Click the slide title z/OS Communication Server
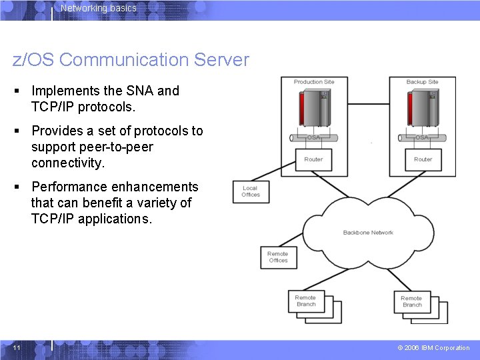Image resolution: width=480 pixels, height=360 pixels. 131,60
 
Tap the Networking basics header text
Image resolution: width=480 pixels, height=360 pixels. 98,9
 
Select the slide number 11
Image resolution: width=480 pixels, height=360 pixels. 17,348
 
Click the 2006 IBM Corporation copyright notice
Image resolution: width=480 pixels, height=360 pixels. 433,348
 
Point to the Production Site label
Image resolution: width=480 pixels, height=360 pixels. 314,82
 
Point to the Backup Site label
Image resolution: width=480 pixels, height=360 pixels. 422,82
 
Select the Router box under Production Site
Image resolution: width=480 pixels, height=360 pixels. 313,160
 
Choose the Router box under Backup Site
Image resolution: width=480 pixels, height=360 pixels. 423,160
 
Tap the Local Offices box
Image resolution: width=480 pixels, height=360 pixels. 251,191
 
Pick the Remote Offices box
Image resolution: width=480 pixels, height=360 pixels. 278,257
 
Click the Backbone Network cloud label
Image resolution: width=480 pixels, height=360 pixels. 368,233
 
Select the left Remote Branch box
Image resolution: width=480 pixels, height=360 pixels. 306,301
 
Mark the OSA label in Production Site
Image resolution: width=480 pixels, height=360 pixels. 313,138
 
